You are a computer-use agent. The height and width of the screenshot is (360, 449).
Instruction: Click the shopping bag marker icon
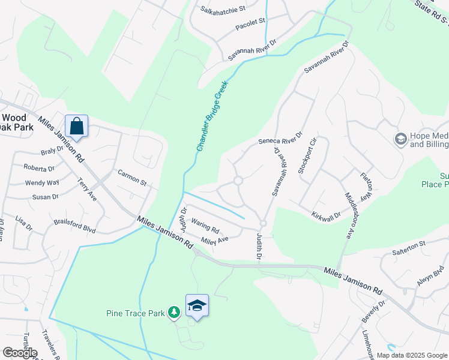click(76, 126)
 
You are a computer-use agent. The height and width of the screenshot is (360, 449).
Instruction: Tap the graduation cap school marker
click(197, 305)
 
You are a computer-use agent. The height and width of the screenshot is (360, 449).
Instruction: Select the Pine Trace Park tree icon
click(174, 311)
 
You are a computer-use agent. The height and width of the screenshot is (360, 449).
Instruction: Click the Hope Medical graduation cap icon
click(400, 140)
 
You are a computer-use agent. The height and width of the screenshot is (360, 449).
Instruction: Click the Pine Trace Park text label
click(136, 313)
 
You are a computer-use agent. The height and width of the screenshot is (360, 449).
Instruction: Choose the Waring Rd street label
click(205, 226)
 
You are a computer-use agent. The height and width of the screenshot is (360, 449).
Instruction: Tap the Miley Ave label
click(215, 240)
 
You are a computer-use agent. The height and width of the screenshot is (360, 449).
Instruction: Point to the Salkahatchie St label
click(223, 10)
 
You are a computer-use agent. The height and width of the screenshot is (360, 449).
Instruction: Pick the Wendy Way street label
click(42, 182)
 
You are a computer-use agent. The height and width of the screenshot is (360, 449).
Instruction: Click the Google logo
click(20, 353)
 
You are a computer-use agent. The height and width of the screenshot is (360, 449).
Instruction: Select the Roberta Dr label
click(39, 169)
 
